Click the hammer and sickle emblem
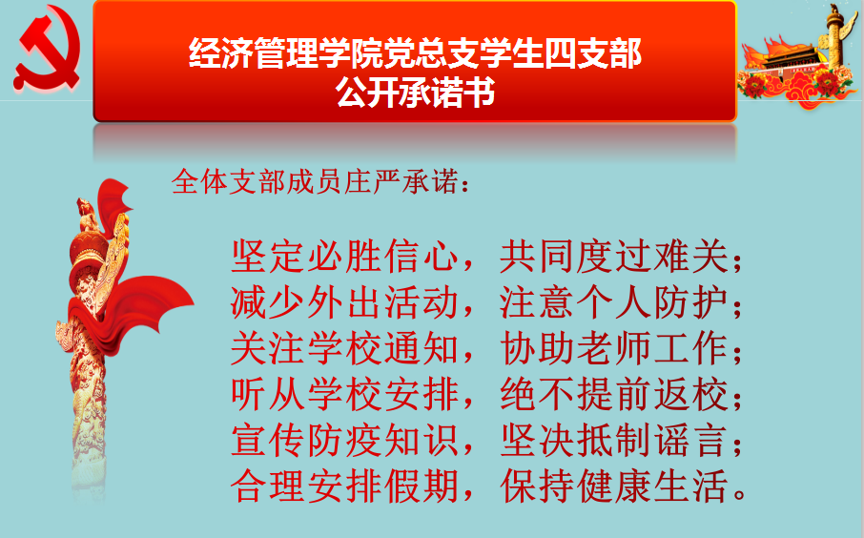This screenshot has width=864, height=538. click(x=49, y=48)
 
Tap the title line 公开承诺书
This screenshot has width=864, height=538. click(x=415, y=92)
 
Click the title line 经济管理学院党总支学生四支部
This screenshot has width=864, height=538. click(x=415, y=52)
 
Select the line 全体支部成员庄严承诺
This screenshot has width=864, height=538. click(x=315, y=181)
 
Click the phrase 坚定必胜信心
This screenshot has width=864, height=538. click(x=344, y=256)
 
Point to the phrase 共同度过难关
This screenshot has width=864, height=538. click(x=614, y=256)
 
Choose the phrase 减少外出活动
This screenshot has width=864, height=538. click(x=344, y=302)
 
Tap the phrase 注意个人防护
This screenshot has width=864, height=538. click(x=614, y=302)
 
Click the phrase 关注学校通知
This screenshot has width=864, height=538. click(x=344, y=348)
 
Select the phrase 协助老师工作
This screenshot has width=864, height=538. click(x=614, y=348)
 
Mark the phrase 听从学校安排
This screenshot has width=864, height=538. click(x=344, y=394)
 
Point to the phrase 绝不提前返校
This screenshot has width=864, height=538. click(x=614, y=394)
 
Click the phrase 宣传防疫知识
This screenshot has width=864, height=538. click(x=344, y=440)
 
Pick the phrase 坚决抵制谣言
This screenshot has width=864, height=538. click(x=614, y=440)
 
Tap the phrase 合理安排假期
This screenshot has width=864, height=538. click(x=344, y=486)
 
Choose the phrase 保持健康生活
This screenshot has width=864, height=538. click(x=614, y=486)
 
